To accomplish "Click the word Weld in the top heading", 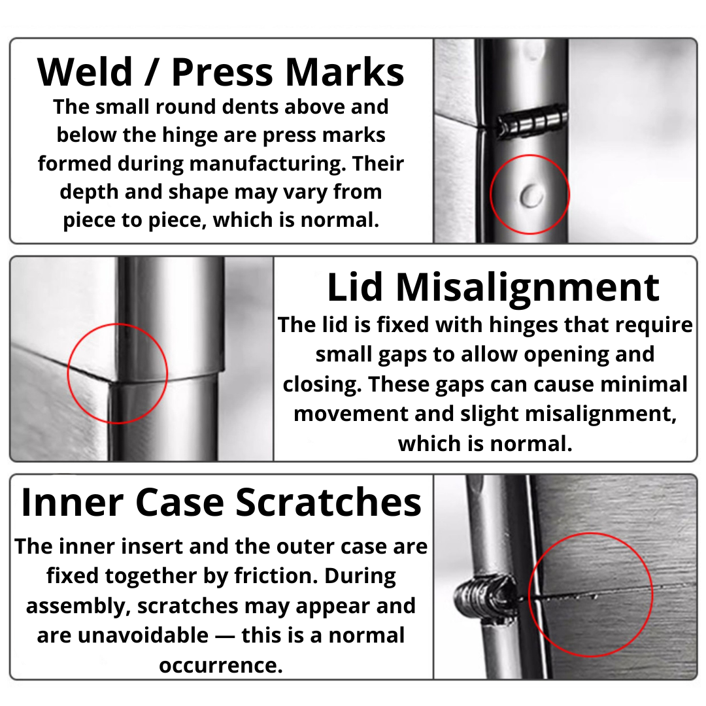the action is (85, 72).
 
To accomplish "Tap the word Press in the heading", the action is (222, 72).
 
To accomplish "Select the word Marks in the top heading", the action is (345, 72).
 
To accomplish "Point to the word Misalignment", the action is (528, 289).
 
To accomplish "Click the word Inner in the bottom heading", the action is (72, 502).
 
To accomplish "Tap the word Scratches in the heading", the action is (328, 502).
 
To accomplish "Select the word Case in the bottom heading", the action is (180, 503).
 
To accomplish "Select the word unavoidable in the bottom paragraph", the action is (143, 635).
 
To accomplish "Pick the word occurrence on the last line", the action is (221, 665).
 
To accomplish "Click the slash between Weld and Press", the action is (152, 72).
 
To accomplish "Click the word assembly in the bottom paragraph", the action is (78, 607).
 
